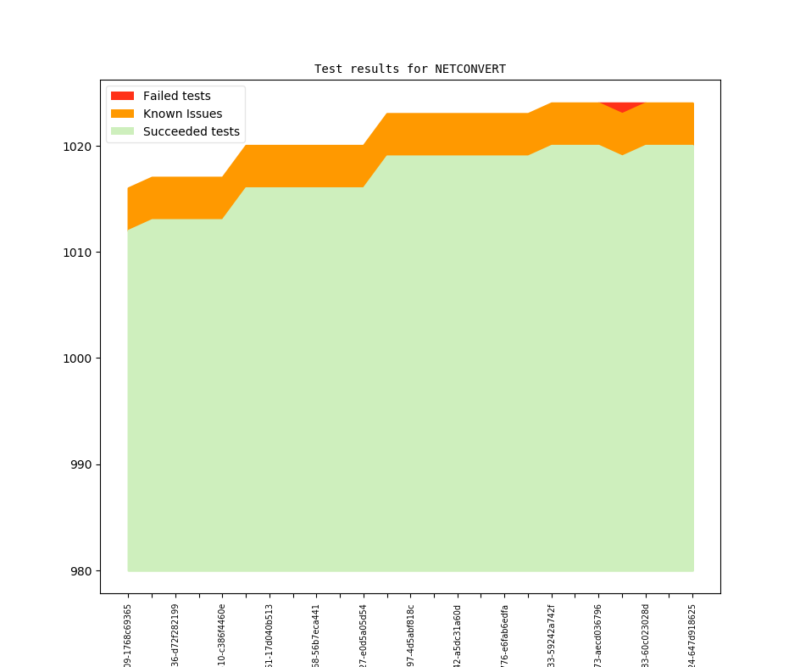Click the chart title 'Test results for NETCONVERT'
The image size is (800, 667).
(x=410, y=69)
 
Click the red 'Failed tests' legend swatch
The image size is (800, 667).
(x=122, y=96)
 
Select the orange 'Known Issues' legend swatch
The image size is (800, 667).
(x=122, y=114)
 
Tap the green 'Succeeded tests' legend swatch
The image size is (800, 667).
(x=122, y=131)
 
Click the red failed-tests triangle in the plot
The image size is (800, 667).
(x=622, y=106)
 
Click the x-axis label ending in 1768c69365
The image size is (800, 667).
(x=128, y=634)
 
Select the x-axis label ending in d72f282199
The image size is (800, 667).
(x=175, y=634)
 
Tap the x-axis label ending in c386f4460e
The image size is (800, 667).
(x=222, y=634)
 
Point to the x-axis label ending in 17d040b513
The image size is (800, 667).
(x=269, y=634)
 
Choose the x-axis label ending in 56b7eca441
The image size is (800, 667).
(x=317, y=634)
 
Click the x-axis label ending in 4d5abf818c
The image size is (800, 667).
(x=411, y=634)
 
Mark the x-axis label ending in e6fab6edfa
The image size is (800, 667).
(x=505, y=634)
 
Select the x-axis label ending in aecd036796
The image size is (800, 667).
(x=599, y=634)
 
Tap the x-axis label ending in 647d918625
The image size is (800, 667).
(x=693, y=634)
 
